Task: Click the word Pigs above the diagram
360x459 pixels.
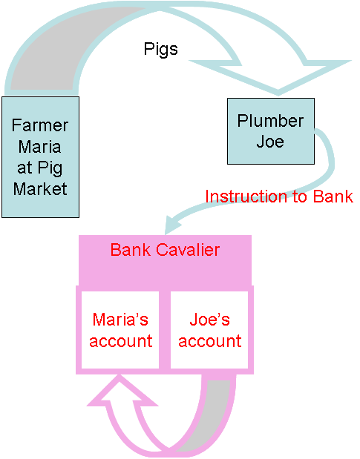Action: click(161, 50)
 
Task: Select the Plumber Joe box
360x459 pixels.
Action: click(271, 131)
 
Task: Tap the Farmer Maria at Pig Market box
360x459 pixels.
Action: click(40, 157)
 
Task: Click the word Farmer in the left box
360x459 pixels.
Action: click(40, 125)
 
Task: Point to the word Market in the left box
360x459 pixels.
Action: click(40, 189)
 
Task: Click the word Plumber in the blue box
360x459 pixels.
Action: click(270, 121)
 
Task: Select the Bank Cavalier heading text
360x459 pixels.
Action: click(165, 250)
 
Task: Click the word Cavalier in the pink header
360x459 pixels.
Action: click(188, 250)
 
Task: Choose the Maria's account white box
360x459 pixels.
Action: click(120, 330)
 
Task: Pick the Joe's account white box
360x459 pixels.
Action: click(209, 330)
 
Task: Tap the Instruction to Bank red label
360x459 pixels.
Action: click(279, 197)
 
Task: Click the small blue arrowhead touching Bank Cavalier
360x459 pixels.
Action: click(173, 225)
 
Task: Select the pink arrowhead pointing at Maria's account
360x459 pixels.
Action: click(122, 390)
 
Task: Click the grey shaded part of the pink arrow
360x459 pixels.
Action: click(212, 416)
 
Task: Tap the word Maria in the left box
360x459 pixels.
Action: click(40, 146)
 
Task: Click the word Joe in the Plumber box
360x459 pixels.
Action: click(270, 142)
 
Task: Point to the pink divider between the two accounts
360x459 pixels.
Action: click(165, 330)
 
